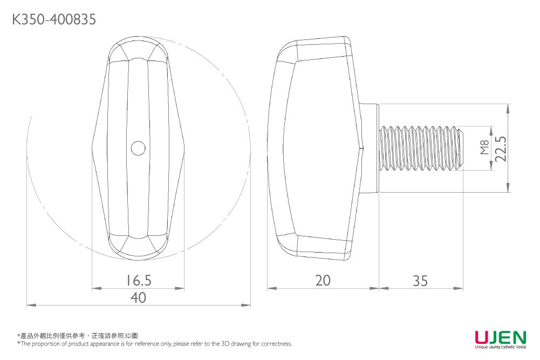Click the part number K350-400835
[x=54, y=20]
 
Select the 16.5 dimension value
[x=138, y=280]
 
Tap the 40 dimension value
[x=138, y=297]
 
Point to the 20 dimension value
[x=323, y=280]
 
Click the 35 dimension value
[x=420, y=281]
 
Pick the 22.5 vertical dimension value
[x=502, y=148]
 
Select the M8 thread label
[x=484, y=148]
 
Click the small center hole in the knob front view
[x=138, y=148]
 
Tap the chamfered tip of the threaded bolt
[x=460, y=148]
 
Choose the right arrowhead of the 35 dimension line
[x=460, y=289]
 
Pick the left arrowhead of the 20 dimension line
[x=271, y=289]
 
